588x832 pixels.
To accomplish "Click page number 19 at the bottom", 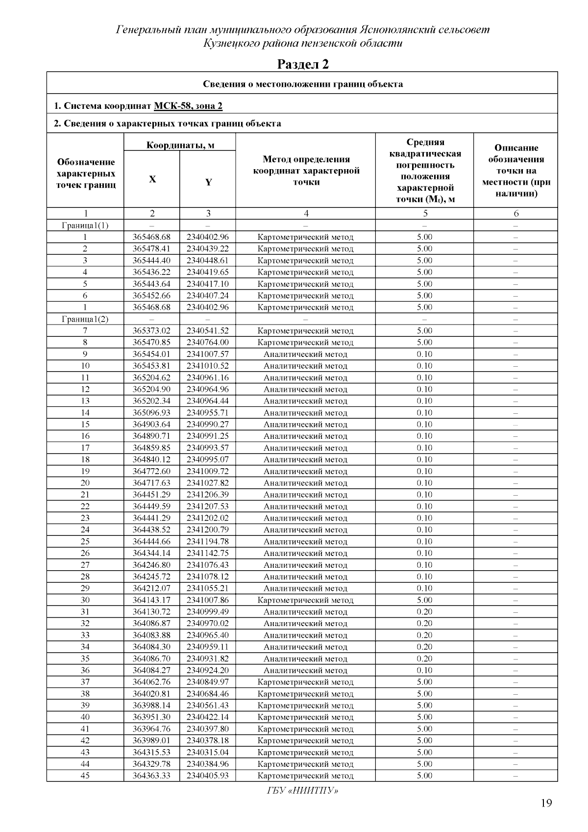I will coord(546,803).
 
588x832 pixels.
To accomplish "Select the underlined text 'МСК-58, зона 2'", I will coord(188,106).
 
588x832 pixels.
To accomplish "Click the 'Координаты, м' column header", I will coord(180,145).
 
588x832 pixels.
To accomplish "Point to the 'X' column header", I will coord(152,179).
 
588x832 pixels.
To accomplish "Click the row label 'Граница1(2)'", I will coord(85,319).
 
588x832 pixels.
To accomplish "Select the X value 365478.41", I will coord(151,249).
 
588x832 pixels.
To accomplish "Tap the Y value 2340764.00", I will coord(207,342).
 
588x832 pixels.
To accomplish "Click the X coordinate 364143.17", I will coord(151,600).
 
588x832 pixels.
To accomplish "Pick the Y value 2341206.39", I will coord(207,495).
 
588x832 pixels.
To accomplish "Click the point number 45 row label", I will coord(85,776).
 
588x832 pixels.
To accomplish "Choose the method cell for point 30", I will coord(305,600).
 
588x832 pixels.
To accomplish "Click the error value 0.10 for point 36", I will coord(424,670).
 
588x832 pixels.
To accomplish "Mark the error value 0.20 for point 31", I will coord(424,612).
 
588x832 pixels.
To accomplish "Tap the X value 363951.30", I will coord(151,717).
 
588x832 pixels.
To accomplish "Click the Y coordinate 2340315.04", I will coord(207,752).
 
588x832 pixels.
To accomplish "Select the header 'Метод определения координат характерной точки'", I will coord(306,171).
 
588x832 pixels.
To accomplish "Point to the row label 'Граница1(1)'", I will coord(85,226).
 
